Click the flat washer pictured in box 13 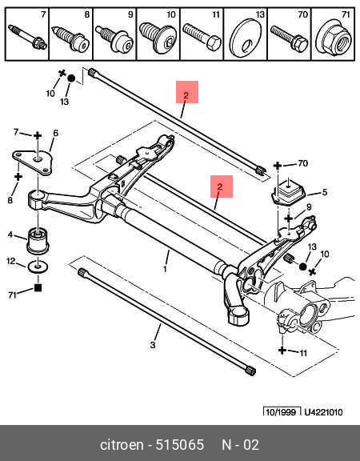point(246,38)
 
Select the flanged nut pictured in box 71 point(334,36)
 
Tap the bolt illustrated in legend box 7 point(27,38)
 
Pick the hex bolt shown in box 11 point(202,37)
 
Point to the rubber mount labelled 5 point(288,192)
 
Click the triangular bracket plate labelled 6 point(32,162)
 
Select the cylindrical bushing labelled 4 point(38,240)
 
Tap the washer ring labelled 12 point(38,267)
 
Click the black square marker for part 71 point(38,287)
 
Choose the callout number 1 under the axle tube point(165,269)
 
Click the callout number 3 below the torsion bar point(153,345)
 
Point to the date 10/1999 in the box point(281,412)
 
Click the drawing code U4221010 point(323,412)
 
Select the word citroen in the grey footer point(122,444)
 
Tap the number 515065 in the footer point(179,444)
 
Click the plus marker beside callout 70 point(277,166)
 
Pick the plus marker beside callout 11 point(282,350)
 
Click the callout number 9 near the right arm point(309,207)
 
